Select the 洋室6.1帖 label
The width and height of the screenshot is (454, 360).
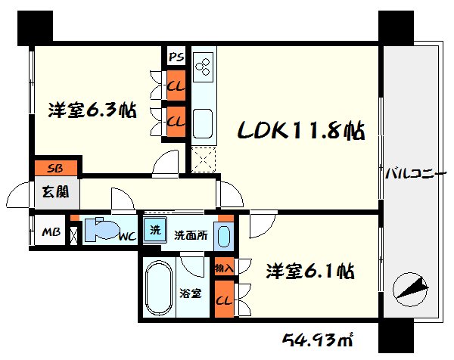pos(310,271)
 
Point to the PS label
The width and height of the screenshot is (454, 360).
pos(176,57)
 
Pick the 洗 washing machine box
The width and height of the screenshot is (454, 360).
pos(154,231)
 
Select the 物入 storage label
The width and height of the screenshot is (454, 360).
pos(224,267)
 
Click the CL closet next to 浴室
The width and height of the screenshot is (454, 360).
pos(224,299)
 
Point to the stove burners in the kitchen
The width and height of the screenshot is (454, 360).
pos(204,67)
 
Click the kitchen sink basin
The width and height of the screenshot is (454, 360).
pos(202,119)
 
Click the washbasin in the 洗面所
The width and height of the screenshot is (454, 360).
pos(223,236)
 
